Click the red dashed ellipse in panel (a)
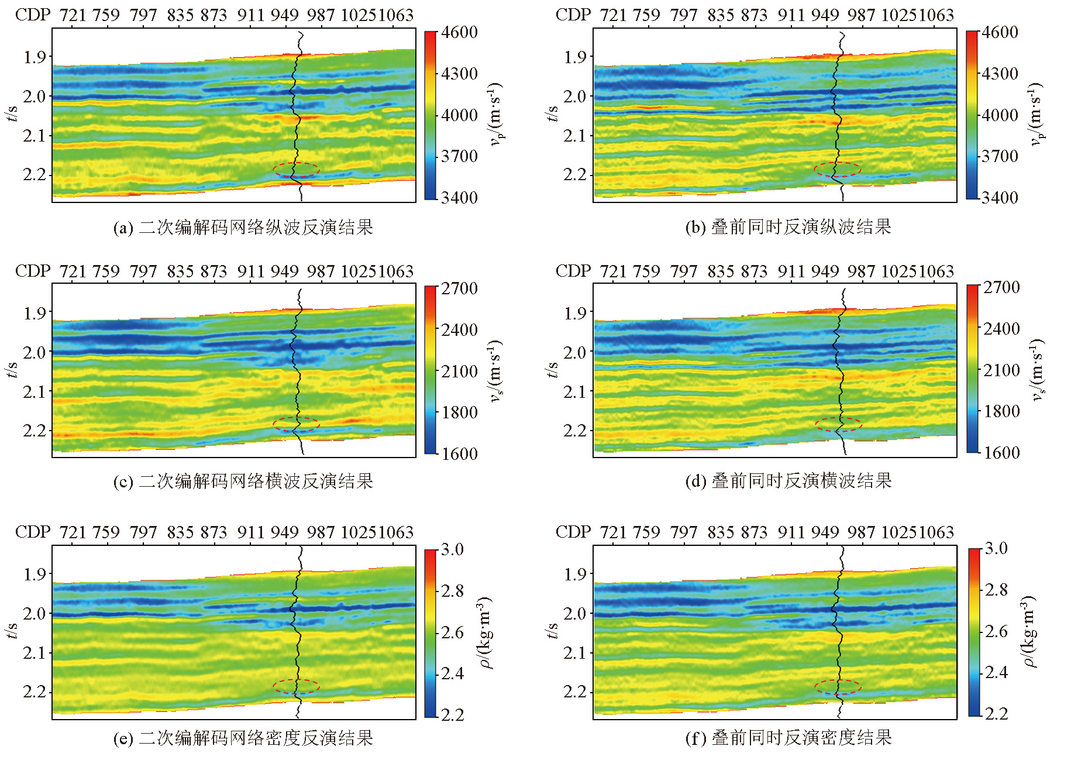click(296, 170)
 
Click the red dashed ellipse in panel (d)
click(838, 424)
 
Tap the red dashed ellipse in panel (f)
click(838, 687)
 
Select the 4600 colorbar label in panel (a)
click(459, 32)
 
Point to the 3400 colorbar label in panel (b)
click(1000, 198)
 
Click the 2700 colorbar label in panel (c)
click(459, 288)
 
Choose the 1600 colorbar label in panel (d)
click(1001, 452)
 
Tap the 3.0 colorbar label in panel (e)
click(452, 549)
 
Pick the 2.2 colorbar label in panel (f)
click(996, 713)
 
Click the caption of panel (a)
click(243, 227)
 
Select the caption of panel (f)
click(788, 738)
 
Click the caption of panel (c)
click(243, 481)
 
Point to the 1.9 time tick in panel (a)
click(35, 57)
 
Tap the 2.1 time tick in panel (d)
click(575, 391)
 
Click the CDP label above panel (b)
click(573, 15)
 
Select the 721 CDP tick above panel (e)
click(73, 532)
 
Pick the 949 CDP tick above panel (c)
click(284, 271)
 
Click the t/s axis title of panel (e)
click(11, 631)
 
